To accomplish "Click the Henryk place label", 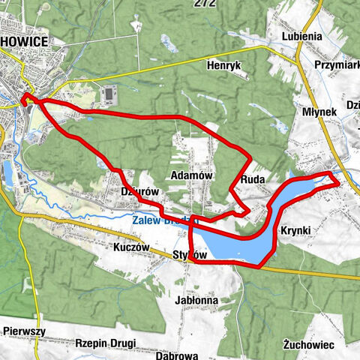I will coord(224,66).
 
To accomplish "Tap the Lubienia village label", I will coord(301,35).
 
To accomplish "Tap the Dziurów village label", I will coord(140,192).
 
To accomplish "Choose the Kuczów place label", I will coord(132,247).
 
